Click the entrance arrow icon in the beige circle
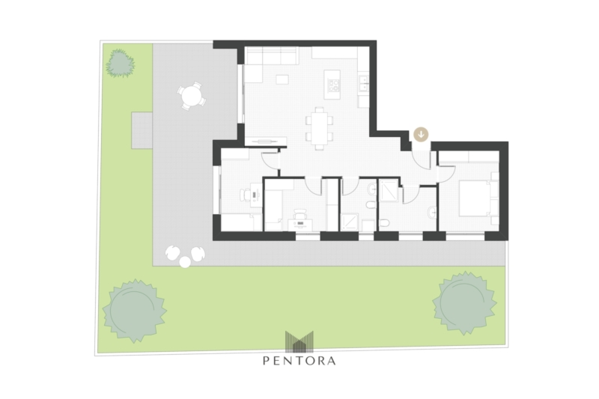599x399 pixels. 421,135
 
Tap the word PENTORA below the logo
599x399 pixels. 299,360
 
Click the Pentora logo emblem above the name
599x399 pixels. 299,341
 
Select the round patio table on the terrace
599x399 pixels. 191,96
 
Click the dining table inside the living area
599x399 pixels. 320,128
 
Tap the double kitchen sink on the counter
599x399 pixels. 363,84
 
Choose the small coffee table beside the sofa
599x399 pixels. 283,79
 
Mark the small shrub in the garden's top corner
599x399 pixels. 121,64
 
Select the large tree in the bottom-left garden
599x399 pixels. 134,310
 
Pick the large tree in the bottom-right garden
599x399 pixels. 464,303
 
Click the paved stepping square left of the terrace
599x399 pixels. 142,130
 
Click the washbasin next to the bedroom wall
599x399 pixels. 433,212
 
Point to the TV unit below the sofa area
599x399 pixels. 266,141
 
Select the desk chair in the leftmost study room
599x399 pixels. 245,195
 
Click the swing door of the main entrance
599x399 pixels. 422,159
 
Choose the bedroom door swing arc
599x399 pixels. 446,173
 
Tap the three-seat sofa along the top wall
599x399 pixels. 270,55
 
